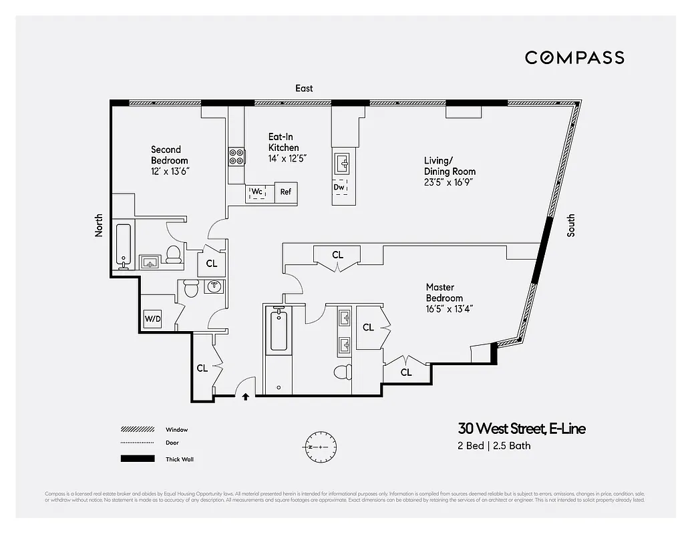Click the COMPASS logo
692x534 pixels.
(574, 57)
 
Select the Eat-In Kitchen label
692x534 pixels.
(283, 142)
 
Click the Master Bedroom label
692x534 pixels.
(444, 292)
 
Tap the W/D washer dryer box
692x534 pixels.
(153, 319)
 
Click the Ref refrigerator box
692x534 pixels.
(285, 192)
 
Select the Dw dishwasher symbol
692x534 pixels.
(339, 187)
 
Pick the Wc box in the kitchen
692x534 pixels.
(257, 192)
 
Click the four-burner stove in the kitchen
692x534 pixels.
(236, 157)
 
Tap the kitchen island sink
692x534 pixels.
(341, 162)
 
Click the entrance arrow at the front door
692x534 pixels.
(245, 396)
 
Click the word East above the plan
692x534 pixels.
(304, 88)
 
